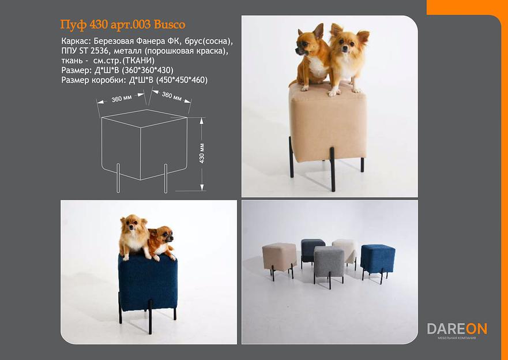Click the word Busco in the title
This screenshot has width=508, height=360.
click(x=170, y=25)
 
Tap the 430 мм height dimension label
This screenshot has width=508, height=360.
click(x=202, y=153)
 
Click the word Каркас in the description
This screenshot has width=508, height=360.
click(x=74, y=42)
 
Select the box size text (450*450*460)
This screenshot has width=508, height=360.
click(x=182, y=80)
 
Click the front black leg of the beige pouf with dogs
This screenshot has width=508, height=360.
click(x=332, y=169)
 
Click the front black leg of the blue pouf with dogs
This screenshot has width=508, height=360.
click(x=150, y=317)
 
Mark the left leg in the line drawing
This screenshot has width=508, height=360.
click(x=118, y=178)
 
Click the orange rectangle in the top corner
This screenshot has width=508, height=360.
click(x=467, y=7)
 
